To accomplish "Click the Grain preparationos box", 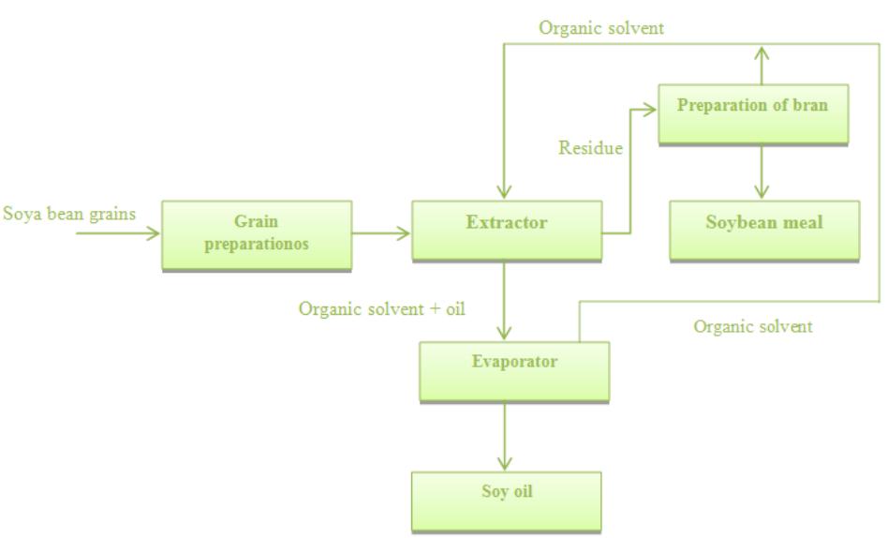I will pos(257,234).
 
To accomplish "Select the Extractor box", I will pos(506,230).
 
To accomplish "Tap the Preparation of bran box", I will pos(752,112).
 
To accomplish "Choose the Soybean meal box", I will pos(763,230).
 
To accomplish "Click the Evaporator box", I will pos(514,370).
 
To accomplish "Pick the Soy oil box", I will pos(506,501).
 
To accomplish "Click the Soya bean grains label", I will pos(69,214).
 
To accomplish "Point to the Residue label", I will pos(590,148).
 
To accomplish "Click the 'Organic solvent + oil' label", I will pos(381,308).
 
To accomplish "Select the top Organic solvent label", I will pos(600,28).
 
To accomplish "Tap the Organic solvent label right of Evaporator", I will pos(752,327).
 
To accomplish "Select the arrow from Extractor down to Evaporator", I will pos(505,300).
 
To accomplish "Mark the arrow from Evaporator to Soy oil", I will pos(505,436).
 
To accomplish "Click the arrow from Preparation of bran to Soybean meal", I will pos(762,171).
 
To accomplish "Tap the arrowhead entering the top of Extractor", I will pos(505,192).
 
